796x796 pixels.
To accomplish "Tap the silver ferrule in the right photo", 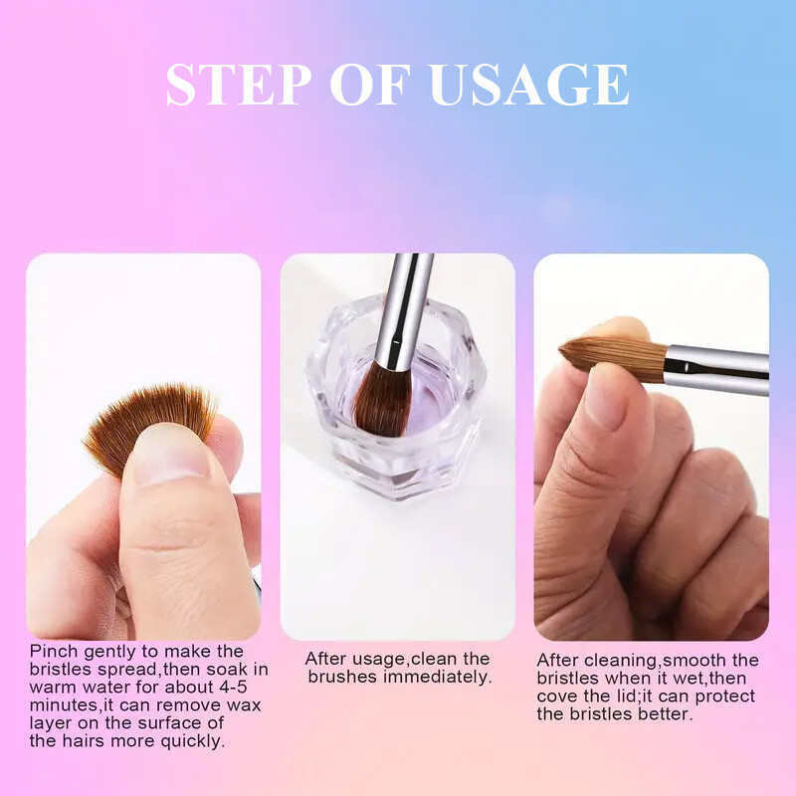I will pos(716,369).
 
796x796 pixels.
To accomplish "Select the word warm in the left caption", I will pos(53,688).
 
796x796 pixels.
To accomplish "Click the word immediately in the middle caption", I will pos(437,677).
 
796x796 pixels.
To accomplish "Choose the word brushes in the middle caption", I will pos(340,677).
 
